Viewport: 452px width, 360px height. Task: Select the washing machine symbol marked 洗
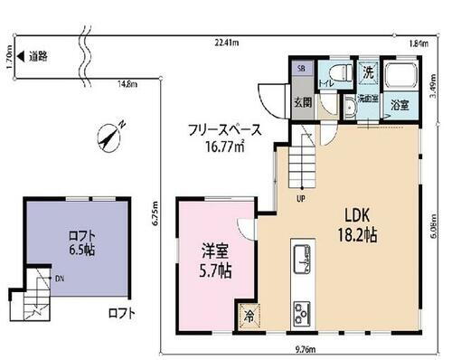coord(368,71)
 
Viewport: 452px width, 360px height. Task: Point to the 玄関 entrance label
coord(303,102)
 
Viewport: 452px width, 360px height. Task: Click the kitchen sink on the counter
coord(301,261)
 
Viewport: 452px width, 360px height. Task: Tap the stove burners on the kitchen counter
coord(301,314)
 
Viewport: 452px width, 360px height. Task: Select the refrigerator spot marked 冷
coord(247,316)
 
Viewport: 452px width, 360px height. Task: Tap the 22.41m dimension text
coord(227,43)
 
